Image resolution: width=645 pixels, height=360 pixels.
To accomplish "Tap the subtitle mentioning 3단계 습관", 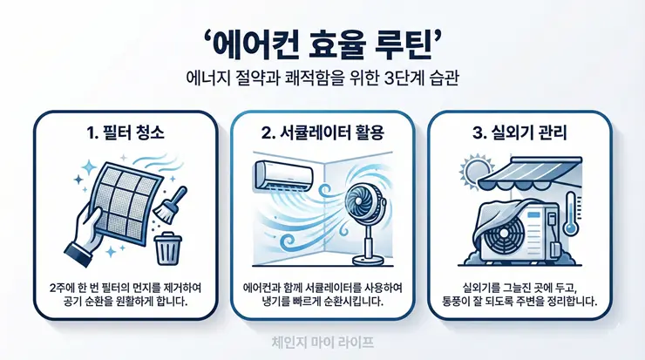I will pyautogui.click(x=322, y=77).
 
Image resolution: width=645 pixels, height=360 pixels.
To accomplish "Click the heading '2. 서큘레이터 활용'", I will pyautogui.click(x=322, y=134).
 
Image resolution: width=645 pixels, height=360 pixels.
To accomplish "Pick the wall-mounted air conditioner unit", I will pyautogui.click(x=283, y=175).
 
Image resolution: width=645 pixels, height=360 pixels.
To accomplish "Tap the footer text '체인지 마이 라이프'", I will pyautogui.click(x=322, y=342).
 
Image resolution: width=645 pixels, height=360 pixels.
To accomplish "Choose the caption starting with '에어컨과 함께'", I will pyautogui.click(x=322, y=295).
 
